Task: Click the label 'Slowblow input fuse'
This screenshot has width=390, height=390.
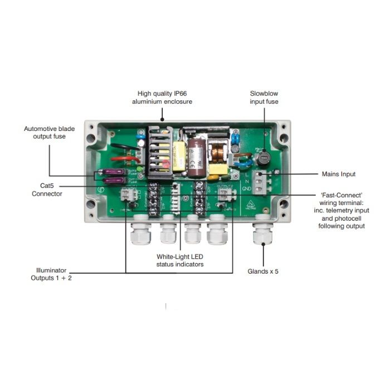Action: [264, 97]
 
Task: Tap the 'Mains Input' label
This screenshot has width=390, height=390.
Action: [338, 174]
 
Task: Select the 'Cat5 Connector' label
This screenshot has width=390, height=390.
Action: [47, 191]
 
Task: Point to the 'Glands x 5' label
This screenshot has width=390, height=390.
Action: [264, 271]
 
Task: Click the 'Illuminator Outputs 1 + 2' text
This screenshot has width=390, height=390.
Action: [51, 274]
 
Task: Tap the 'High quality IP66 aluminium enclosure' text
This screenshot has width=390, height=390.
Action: [162, 97]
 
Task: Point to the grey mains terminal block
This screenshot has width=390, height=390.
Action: [260, 182]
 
